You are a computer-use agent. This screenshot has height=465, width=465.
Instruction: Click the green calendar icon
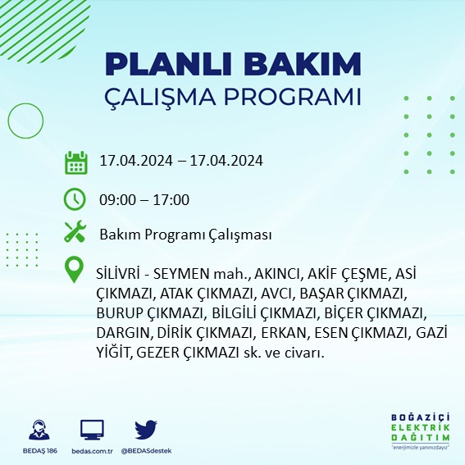[x=75, y=162]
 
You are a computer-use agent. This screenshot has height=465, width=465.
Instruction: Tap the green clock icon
[x=75, y=199]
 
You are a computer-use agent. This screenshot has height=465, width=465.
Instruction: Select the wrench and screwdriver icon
[x=75, y=234]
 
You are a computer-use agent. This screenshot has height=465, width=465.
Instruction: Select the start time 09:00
[x=116, y=199]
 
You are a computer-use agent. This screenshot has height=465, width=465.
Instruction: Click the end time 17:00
[x=172, y=199]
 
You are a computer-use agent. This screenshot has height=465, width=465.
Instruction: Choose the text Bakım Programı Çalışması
[x=185, y=235]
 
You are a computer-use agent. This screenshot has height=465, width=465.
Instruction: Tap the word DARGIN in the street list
[x=123, y=335]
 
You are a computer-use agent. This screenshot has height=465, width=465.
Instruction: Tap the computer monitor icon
[x=92, y=430]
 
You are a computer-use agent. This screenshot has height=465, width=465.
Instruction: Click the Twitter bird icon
[x=145, y=429]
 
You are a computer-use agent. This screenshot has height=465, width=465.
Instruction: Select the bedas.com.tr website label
[x=92, y=451]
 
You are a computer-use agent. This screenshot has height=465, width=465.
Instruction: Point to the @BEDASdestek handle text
[x=145, y=451]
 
